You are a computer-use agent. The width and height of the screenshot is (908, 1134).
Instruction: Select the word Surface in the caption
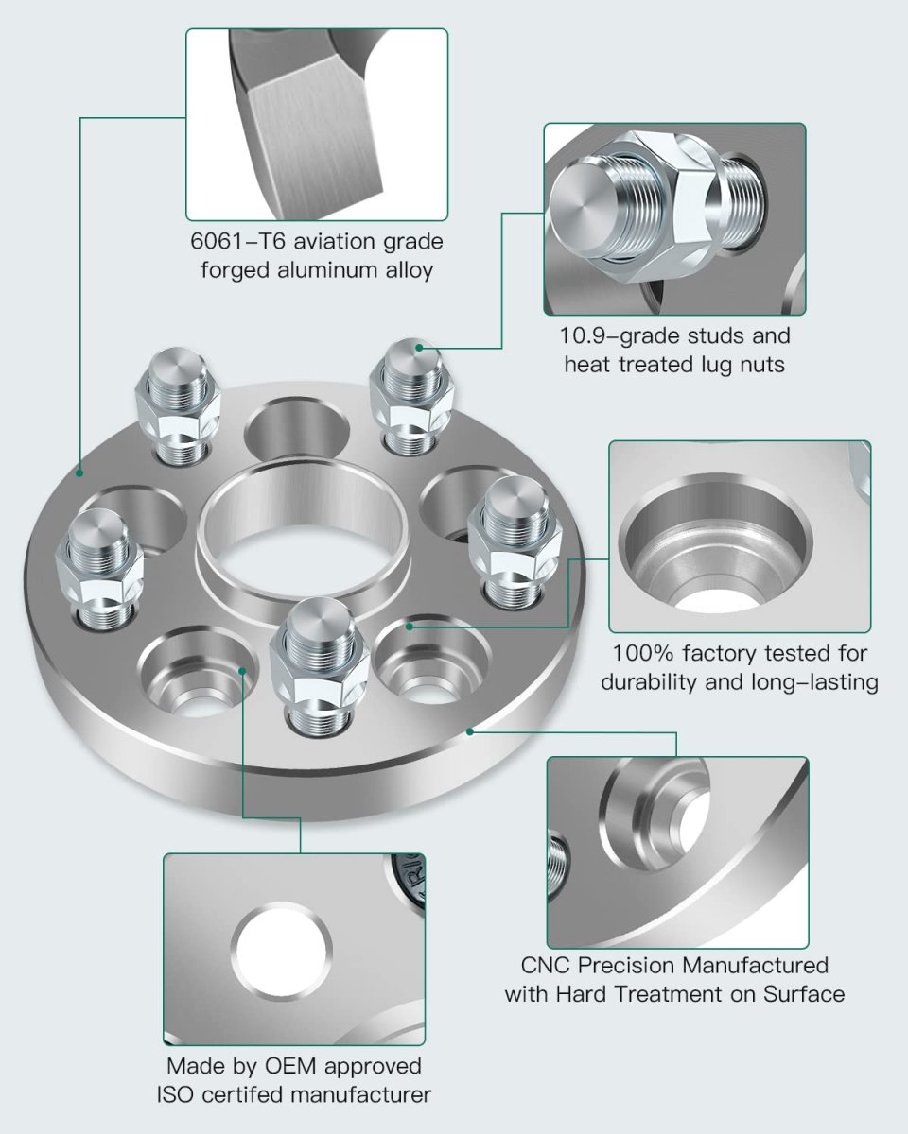[x=804, y=994]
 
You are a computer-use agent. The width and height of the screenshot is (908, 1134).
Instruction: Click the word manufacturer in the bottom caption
[x=361, y=1095]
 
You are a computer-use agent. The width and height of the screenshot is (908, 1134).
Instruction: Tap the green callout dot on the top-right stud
[x=419, y=348]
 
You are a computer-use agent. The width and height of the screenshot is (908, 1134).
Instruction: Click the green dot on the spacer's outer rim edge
[x=470, y=730]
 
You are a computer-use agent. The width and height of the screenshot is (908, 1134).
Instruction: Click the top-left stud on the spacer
[x=178, y=405]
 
